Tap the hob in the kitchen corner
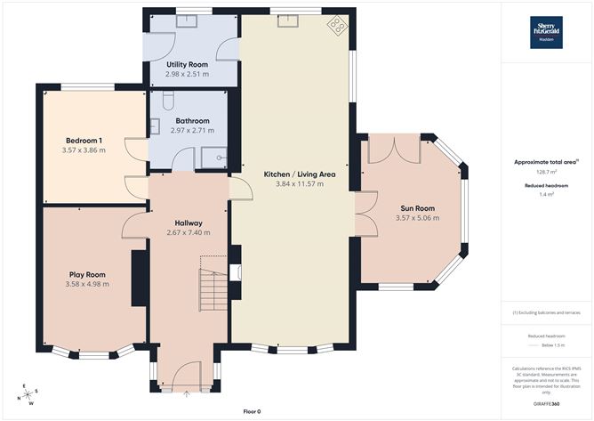click(338, 27)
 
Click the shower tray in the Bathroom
click(213, 157)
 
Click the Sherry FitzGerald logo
click(546, 31)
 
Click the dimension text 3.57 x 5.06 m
click(418, 218)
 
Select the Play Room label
click(87, 274)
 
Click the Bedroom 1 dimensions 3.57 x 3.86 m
click(84, 150)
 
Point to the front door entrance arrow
click(187, 391)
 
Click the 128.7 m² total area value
click(546, 173)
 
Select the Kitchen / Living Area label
click(299, 174)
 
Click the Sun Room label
click(418, 208)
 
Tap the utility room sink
click(188, 21)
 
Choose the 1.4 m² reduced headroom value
click(546, 194)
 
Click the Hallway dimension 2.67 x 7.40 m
click(189, 232)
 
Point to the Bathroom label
click(192, 121)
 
